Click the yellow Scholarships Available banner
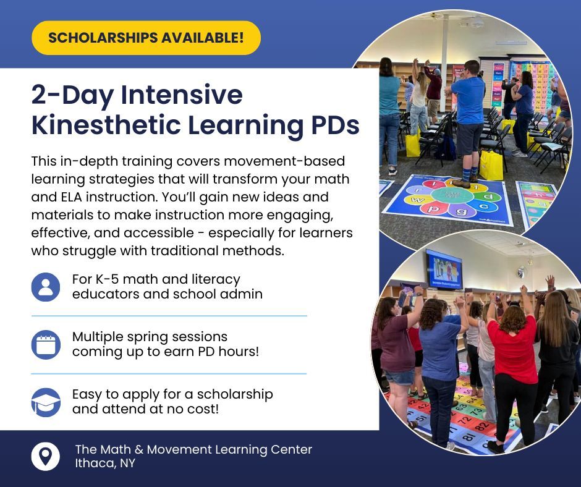[x=146, y=38]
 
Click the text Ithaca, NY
[x=104, y=464]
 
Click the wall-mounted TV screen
[x=443, y=268]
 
